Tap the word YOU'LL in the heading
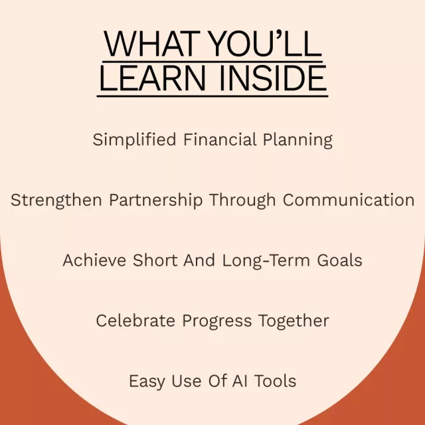coord(266,43)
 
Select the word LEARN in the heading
coord(153,78)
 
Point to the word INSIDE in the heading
coord(273,78)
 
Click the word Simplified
coord(134,140)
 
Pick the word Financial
coord(220,139)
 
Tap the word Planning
coord(297,140)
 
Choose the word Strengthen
coord(56,201)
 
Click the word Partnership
coord(156,201)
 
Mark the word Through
coord(242,201)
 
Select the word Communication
coord(349,200)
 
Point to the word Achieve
coord(94,260)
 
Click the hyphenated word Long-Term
coord(266,261)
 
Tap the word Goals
coord(339,260)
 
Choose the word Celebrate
coord(135,321)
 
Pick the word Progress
coord(217,321)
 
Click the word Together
coord(294,321)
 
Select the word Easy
coord(147,382)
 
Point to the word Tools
coord(275,381)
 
